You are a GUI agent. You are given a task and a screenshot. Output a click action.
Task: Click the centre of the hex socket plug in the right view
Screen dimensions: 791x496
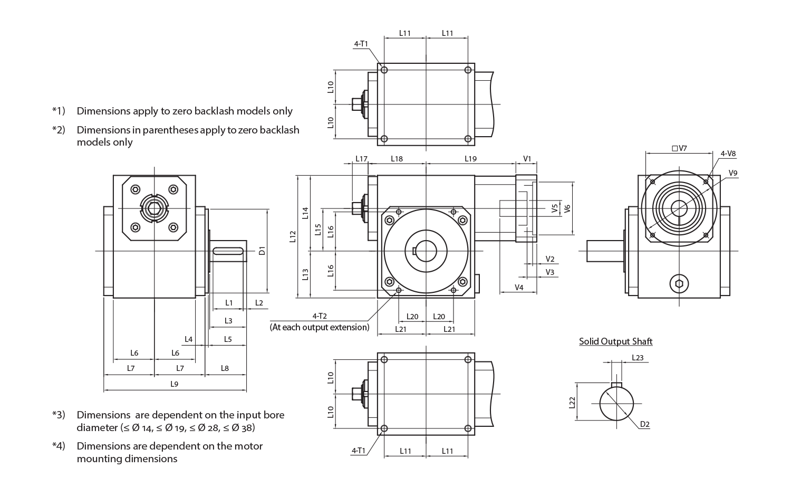679,284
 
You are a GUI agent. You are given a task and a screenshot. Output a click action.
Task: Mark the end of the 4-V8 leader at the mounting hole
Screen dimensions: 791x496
707,181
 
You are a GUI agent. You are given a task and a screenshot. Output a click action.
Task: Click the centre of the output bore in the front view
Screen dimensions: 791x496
426,251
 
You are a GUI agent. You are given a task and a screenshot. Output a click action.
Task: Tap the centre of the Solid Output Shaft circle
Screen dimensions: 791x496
616,404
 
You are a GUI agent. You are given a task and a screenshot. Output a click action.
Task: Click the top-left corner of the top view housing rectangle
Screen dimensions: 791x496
378,64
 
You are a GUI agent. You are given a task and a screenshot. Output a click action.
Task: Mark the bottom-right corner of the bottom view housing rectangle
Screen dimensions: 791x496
475,435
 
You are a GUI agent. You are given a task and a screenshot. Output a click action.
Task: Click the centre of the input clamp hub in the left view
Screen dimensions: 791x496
155,209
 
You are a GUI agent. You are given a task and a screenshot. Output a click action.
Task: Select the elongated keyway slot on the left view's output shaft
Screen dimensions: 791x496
228,251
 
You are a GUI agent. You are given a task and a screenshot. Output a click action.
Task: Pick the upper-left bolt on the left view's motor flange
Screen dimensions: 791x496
135,190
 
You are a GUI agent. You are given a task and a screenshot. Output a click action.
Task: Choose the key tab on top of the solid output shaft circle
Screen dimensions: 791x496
616,385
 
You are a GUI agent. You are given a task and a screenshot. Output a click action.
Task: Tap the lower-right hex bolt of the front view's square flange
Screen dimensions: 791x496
462,282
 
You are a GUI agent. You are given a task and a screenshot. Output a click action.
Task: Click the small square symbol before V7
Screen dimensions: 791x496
674,148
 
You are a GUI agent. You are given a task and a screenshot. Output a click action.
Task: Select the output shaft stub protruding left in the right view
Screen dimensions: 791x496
605,251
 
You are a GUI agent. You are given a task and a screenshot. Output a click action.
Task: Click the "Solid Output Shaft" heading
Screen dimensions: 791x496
615,341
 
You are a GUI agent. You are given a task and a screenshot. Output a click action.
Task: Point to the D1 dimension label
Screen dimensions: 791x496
262,251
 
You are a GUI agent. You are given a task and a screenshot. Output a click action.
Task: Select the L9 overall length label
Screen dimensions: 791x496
174,384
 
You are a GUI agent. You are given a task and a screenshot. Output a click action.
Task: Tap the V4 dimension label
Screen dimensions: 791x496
519,288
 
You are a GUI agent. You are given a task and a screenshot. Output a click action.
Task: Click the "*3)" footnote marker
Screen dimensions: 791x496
59,415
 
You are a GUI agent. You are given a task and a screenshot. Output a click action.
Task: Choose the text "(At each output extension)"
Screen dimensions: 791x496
320,327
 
